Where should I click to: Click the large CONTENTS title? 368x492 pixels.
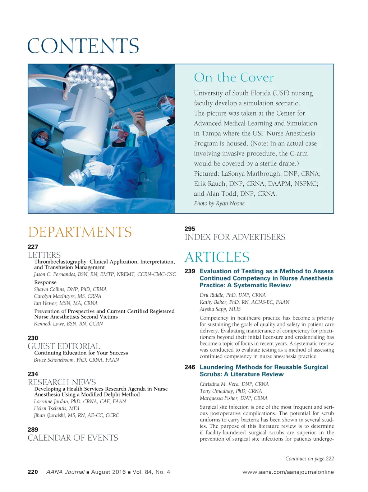(83, 46)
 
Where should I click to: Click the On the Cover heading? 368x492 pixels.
(234, 78)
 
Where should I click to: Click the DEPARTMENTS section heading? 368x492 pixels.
(80, 232)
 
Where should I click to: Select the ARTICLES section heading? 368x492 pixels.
(217, 257)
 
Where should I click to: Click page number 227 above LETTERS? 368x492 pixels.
(33, 247)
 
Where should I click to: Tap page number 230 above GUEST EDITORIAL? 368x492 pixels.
(33, 338)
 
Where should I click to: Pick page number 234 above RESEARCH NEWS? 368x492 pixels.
(33, 374)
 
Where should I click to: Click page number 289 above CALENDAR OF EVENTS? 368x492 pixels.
(33, 430)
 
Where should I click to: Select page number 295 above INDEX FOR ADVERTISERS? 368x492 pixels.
(190, 229)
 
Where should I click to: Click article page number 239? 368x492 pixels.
(190, 271)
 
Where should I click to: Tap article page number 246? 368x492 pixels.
(190, 367)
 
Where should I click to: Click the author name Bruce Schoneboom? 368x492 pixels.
(76, 360)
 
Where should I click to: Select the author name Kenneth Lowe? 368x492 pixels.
(68, 324)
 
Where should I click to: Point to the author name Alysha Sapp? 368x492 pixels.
(220, 309)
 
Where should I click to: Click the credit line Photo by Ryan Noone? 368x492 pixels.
(220, 203)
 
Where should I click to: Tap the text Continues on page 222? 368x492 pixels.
(309, 459)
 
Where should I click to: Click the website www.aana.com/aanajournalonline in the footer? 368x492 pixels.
(288, 472)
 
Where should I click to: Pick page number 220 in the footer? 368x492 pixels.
(33, 472)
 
